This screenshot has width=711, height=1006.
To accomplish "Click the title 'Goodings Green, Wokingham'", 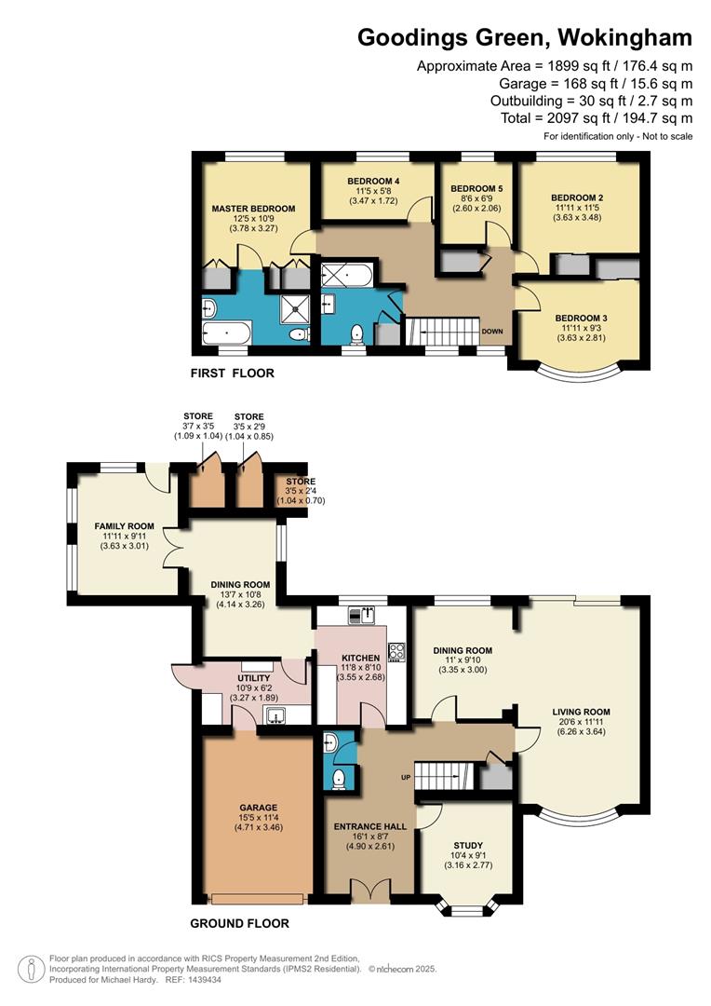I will pos(525,37).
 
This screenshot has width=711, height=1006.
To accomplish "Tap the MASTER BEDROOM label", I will pos(253,209).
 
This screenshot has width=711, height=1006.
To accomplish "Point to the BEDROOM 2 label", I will pos(577,197).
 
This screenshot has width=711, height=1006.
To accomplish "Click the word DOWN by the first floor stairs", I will pos(492,331).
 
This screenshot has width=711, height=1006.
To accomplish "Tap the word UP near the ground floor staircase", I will pos(406,776).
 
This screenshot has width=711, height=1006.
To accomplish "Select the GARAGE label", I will pos(257,808).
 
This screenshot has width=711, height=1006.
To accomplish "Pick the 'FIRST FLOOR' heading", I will pos(233,374).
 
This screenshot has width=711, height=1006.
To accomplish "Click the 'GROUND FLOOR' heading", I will pos(239,924).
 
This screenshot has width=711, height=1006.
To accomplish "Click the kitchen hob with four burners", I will pos(396,651).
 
